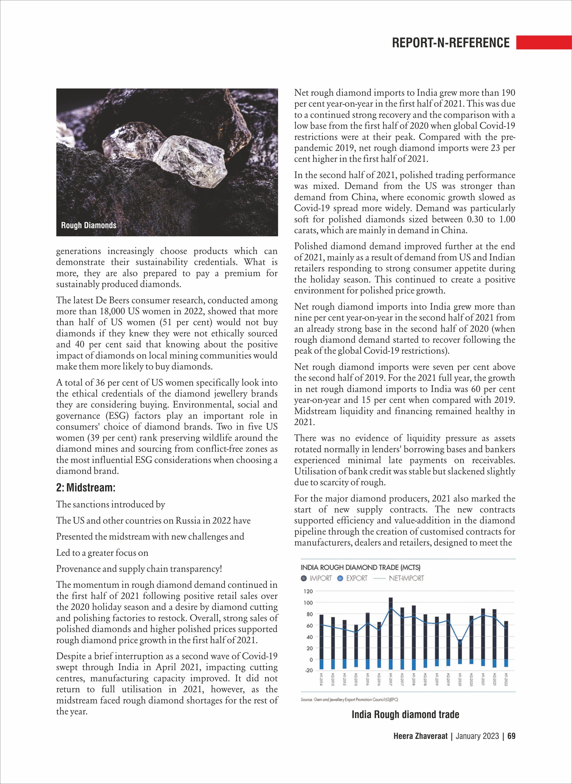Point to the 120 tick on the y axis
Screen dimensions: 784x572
(308, 591)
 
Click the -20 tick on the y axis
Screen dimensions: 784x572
(308, 670)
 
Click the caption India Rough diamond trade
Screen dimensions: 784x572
(405, 714)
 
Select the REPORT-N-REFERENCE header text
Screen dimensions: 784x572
(450, 42)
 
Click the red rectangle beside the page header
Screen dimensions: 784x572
(544, 42)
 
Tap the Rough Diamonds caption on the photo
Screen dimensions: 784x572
(89, 225)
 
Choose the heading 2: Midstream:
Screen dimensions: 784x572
(86, 487)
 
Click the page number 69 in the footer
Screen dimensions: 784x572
(511, 745)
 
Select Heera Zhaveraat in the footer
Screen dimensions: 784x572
(420, 745)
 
